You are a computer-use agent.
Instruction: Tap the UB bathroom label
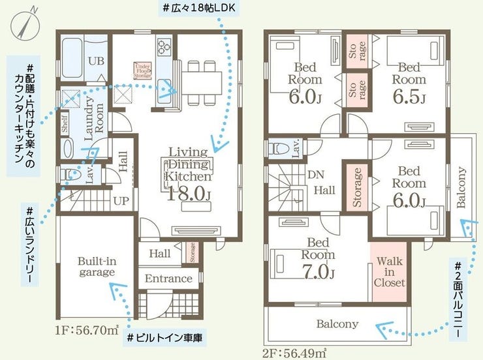(97, 61)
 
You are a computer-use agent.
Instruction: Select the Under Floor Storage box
(143, 71)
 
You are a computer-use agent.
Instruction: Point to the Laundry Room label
(93, 118)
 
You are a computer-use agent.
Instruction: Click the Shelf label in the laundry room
(65, 124)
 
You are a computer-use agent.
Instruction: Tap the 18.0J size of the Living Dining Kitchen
(189, 194)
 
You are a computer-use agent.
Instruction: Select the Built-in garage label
(97, 267)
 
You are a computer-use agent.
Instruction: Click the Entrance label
(168, 278)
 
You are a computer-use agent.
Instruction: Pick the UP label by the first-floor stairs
(121, 201)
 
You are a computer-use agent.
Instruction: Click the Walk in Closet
(390, 272)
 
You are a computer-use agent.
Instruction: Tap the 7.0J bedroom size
(319, 271)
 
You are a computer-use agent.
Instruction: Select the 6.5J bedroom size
(409, 97)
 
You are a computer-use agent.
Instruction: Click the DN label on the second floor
(316, 175)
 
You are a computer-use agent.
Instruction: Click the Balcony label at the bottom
(337, 323)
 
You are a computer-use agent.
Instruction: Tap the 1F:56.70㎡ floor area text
(87, 331)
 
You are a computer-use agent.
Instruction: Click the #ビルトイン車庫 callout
(164, 338)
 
